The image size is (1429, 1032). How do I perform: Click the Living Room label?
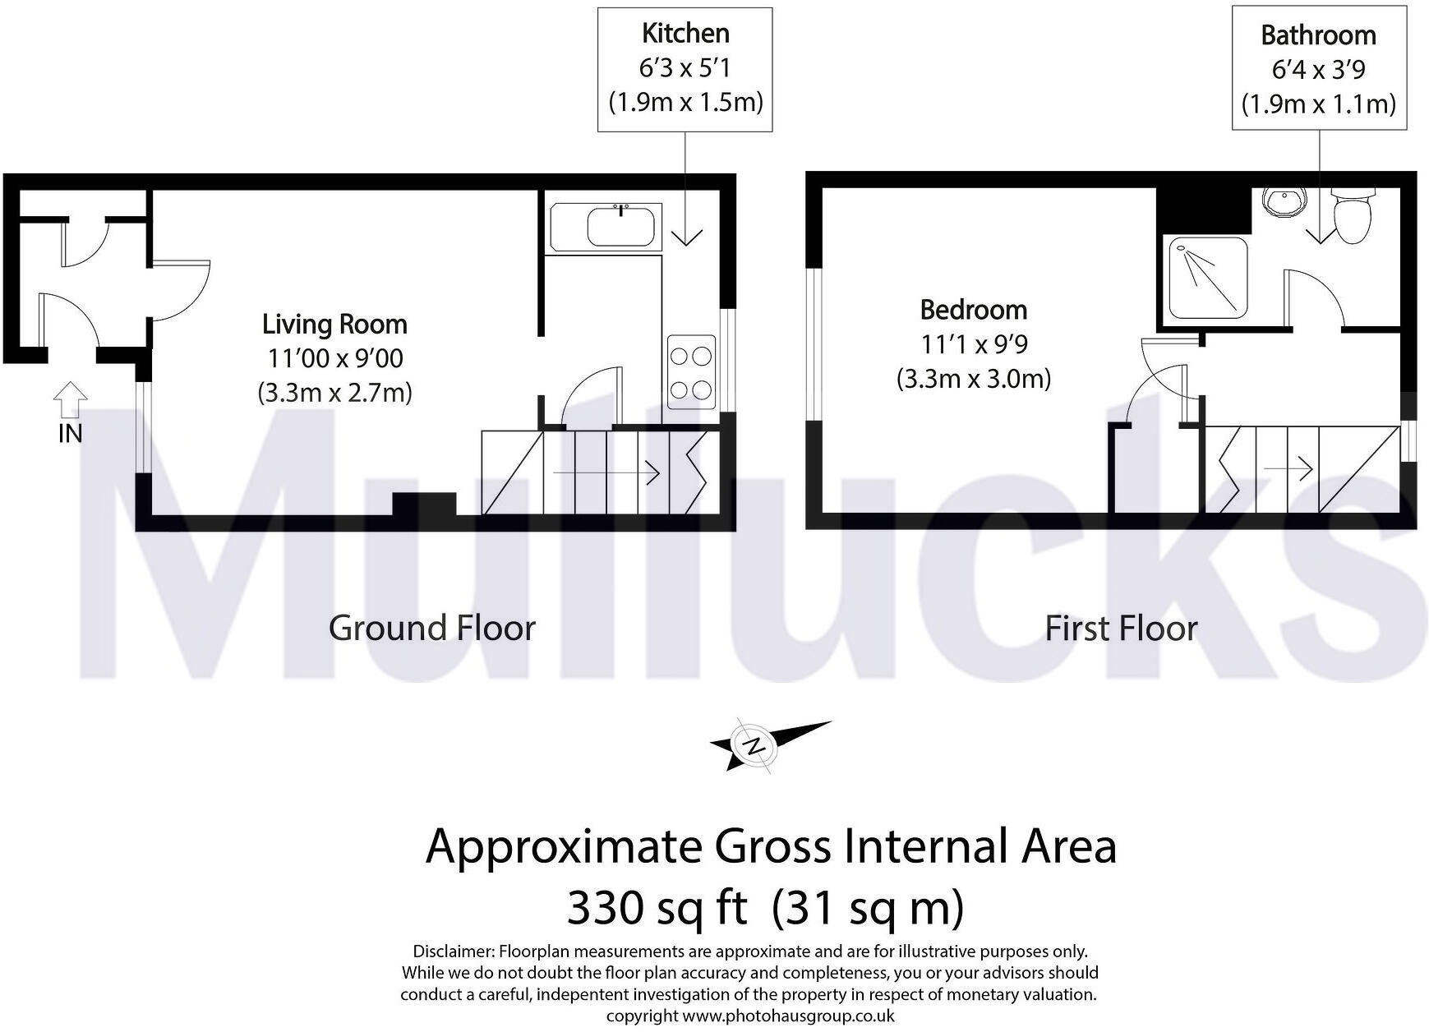click(334, 325)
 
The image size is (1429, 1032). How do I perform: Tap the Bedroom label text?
click(973, 310)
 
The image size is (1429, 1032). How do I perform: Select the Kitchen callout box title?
click(685, 34)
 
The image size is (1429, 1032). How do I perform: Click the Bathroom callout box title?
click(1318, 35)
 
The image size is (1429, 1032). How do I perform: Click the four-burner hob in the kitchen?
click(690, 372)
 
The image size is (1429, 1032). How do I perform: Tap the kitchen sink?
click(620, 223)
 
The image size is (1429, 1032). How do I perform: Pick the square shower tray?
click(1201, 277)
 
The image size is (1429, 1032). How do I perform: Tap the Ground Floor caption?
click(432, 629)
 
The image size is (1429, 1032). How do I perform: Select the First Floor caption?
click(1121, 629)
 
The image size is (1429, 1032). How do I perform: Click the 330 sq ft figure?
click(657, 909)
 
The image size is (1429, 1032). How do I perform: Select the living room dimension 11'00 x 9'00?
click(334, 359)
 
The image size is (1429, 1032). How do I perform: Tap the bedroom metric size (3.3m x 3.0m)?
click(973, 379)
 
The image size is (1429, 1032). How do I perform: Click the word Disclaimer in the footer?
click(453, 951)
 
